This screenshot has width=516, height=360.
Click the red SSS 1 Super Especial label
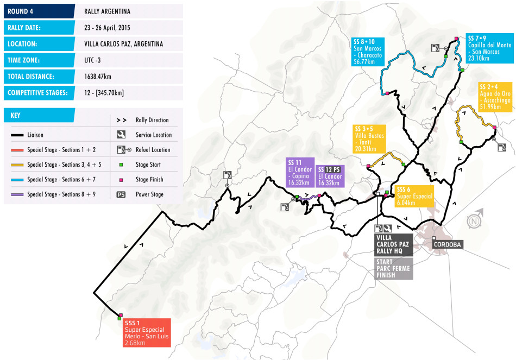(x=147, y=332)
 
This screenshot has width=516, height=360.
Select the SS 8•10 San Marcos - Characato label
(x=367, y=51)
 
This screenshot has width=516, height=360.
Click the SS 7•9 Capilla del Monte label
(x=489, y=48)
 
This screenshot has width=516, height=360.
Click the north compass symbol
(x=474, y=221)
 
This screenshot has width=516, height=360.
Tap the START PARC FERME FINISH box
(x=393, y=269)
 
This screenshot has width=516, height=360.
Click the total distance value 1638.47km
(x=98, y=77)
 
